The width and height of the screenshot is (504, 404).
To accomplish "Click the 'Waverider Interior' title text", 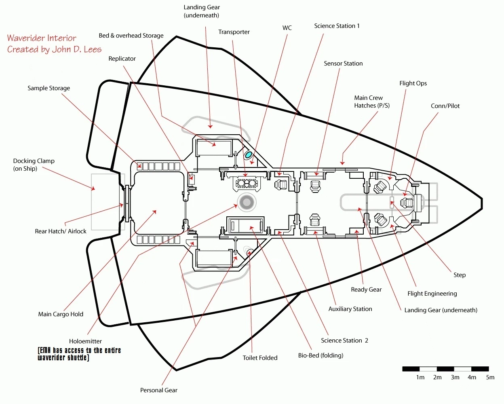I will [x=42, y=38].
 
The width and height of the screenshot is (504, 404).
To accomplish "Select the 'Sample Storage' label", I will [x=49, y=88].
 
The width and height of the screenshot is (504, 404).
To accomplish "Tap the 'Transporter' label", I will [x=234, y=32].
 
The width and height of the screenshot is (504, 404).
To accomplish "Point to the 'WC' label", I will [x=287, y=28].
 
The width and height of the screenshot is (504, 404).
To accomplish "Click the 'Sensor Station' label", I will [x=343, y=63].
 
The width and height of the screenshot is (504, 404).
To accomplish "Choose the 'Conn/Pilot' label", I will [x=445, y=106].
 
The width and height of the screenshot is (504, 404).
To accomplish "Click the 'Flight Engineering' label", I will [x=432, y=294].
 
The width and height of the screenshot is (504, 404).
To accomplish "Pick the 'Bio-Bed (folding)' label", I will [x=321, y=355].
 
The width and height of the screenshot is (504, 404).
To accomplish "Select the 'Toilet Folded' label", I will [x=260, y=358].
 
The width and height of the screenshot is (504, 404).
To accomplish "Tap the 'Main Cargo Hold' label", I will [x=61, y=314].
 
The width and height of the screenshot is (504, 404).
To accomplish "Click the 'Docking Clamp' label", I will [x=34, y=161].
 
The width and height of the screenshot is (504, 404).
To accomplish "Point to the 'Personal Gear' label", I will [x=158, y=390].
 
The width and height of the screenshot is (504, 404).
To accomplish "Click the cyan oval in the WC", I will [x=249, y=154].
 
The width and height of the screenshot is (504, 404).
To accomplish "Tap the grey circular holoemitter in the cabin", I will [x=247, y=202].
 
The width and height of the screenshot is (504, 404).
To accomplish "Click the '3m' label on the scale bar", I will [x=455, y=377].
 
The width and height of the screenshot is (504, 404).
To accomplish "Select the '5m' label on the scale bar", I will [x=490, y=377].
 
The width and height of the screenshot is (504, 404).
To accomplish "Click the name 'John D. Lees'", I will [x=77, y=49].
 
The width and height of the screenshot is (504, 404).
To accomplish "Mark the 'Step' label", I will [x=460, y=275].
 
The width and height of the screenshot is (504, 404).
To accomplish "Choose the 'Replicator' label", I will [x=122, y=59].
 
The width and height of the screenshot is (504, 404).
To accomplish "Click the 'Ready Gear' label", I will [x=366, y=290].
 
